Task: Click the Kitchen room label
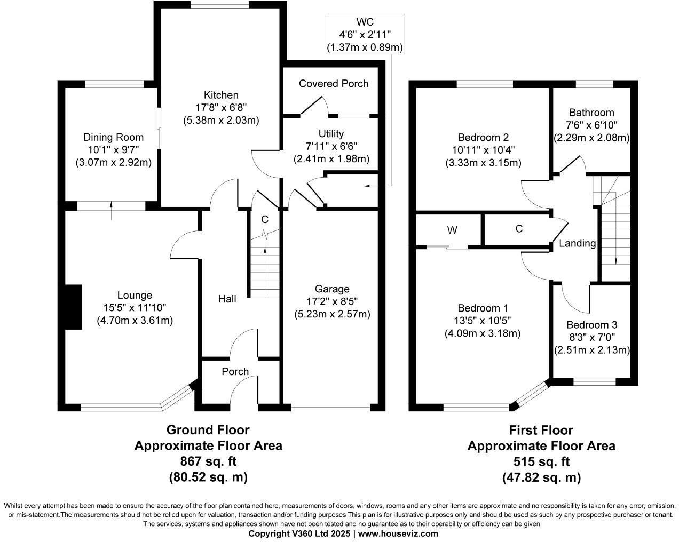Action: click(x=220, y=95)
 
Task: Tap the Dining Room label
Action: click(x=113, y=137)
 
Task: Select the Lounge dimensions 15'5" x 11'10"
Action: click(x=135, y=307)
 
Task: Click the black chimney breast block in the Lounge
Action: click(x=73, y=307)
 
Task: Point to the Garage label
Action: click(x=331, y=289)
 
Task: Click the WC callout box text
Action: click(x=365, y=35)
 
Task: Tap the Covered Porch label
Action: click(x=333, y=83)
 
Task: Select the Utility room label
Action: click(x=331, y=133)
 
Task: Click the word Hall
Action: click(x=227, y=299)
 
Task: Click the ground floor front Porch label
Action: click(x=235, y=371)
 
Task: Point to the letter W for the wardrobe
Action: click(x=452, y=230)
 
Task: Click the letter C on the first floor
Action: click(x=519, y=229)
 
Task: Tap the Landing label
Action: click(x=577, y=243)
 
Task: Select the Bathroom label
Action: click(x=591, y=113)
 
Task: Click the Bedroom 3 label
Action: click(x=591, y=325)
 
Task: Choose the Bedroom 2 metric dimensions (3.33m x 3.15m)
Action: click(x=483, y=163)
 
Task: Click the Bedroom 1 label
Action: click(x=483, y=308)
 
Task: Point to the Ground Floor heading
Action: click(x=208, y=429)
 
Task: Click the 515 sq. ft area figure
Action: click(x=541, y=461)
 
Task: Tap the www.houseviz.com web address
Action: click(x=398, y=533)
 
